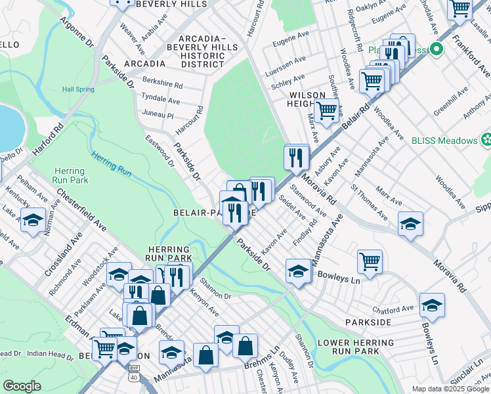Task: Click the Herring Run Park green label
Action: click(70, 175)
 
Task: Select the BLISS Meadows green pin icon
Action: click(486, 140)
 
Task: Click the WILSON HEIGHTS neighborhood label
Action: click(307, 100)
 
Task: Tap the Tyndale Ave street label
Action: click(161, 100)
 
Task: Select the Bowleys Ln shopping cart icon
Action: click(370, 261)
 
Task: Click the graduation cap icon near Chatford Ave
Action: click(432, 304)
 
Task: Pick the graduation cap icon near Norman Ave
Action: click(33, 220)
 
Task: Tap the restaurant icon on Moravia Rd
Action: click(296, 156)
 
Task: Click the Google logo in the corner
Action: click(22, 386)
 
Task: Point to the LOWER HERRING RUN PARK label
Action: click(347, 347)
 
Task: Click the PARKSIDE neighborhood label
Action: click(372, 322)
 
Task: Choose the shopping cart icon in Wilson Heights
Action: click(326, 112)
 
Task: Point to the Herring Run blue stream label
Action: click(112, 162)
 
